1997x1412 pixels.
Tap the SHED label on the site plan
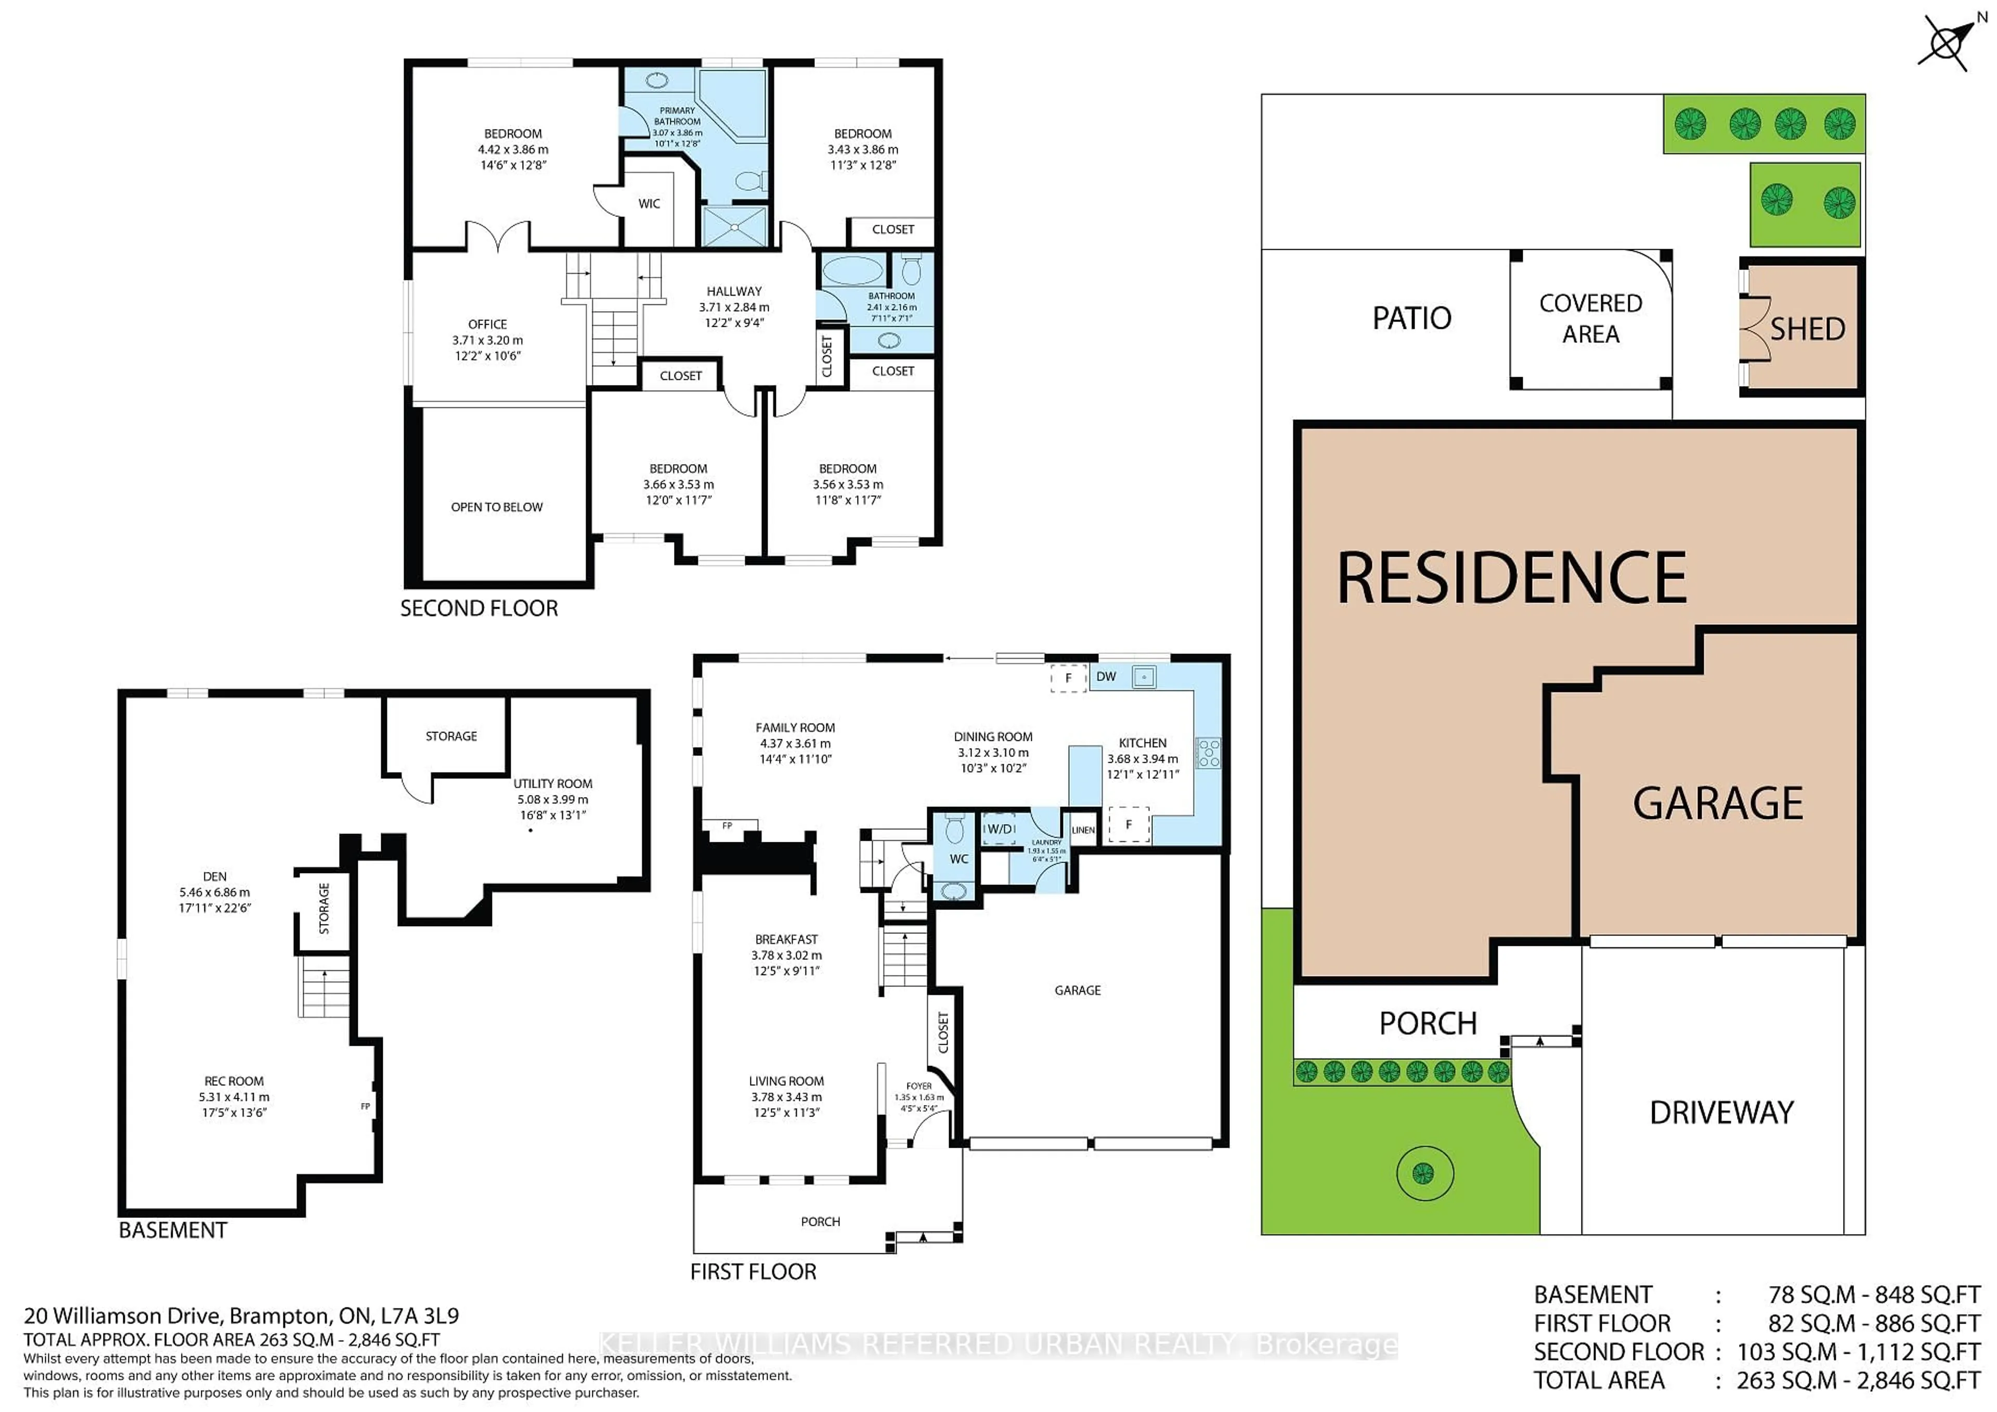(1807, 329)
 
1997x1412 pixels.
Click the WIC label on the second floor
(649, 203)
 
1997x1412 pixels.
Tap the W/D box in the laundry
(1000, 829)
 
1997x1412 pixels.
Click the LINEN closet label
(1083, 830)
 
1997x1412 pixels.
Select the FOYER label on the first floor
(918, 1086)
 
